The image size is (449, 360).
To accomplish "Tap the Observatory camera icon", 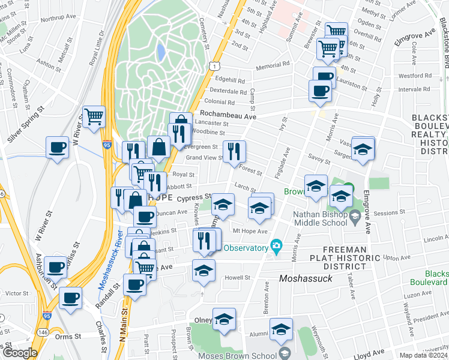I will (276, 246).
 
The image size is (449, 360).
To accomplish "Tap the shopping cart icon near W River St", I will (94, 116).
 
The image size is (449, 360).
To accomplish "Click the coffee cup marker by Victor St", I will (70, 297).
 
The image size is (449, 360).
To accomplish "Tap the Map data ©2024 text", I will (423, 355).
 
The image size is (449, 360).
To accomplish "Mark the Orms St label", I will (69, 337).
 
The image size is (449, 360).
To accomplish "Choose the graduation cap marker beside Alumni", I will (281, 331).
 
